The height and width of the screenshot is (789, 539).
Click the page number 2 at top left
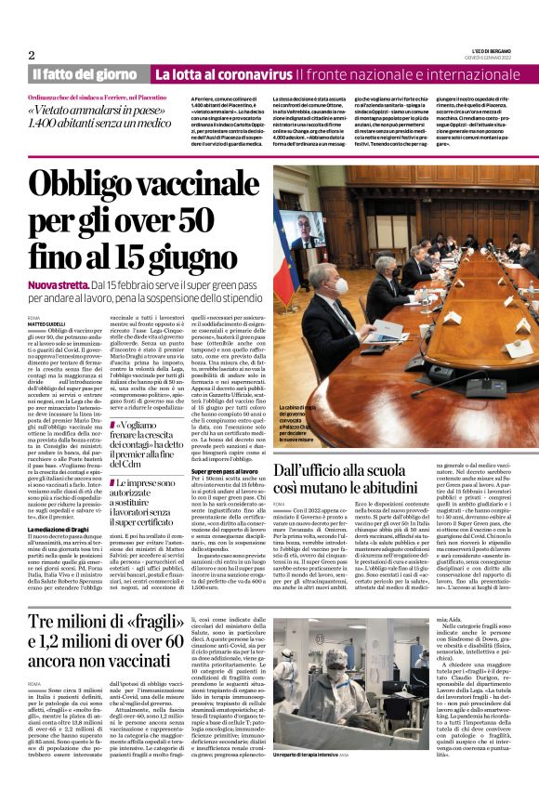point(32,54)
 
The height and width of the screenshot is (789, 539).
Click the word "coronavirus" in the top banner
point(254,73)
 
